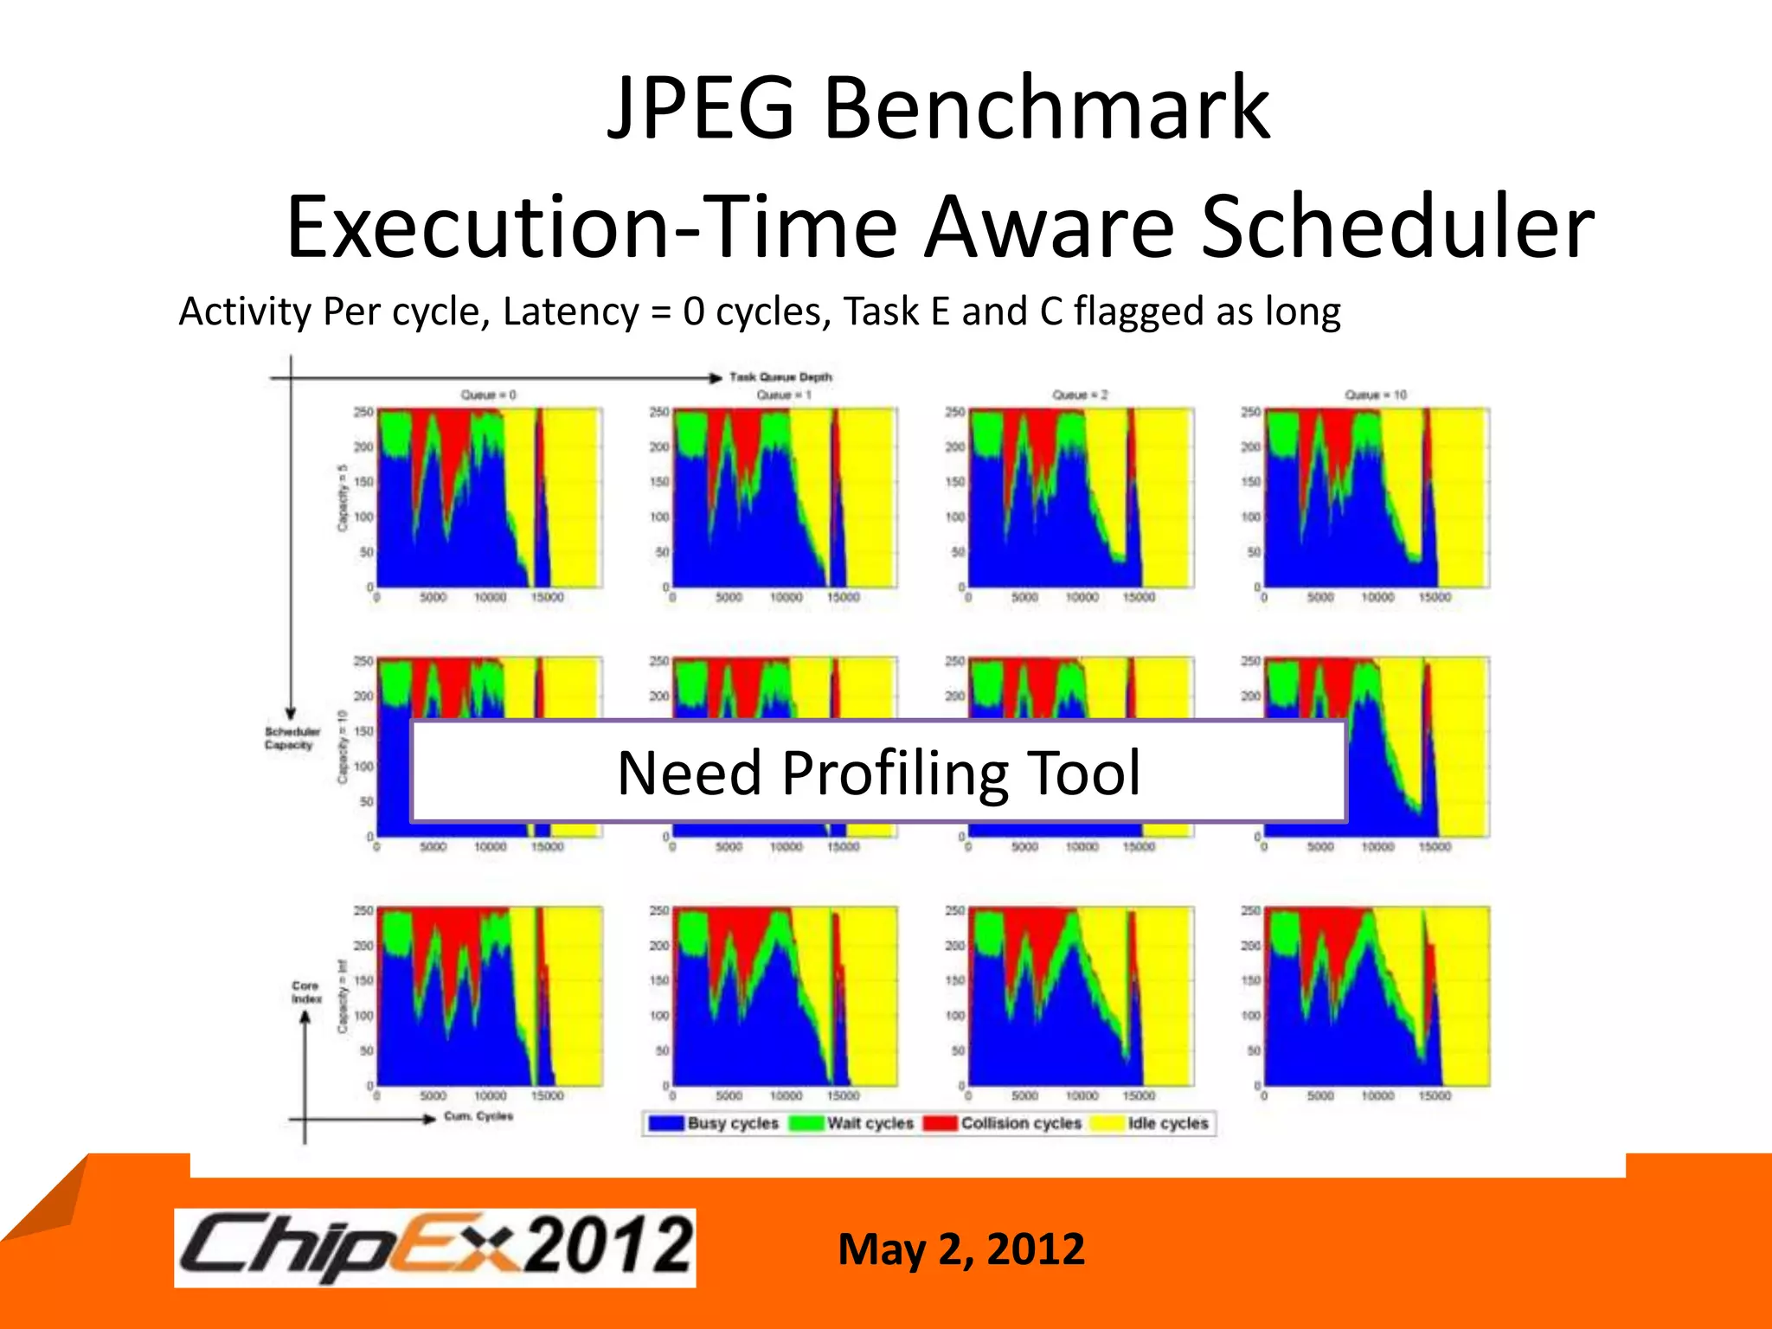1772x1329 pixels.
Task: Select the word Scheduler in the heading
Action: (1396, 228)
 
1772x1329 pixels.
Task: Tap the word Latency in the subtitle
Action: (570, 312)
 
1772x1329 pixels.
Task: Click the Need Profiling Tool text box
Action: (878, 772)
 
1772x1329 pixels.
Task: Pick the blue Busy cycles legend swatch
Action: (667, 1123)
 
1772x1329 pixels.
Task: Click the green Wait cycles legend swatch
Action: (806, 1123)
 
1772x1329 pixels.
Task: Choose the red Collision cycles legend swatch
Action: (941, 1123)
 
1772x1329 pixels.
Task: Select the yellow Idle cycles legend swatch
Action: (1107, 1123)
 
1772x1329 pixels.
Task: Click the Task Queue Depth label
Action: (780, 377)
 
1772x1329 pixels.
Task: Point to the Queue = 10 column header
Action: (1376, 395)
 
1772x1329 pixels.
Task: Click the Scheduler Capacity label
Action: (292, 738)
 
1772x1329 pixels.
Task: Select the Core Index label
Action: (306, 992)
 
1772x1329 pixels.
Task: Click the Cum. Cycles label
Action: (478, 1116)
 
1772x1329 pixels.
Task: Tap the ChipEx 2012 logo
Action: (435, 1248)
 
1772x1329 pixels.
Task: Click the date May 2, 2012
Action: (961, 1249)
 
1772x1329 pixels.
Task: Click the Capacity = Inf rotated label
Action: (343, 996)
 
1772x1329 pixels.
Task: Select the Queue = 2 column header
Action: (1080, 395)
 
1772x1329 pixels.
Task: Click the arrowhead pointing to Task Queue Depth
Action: (716, 378)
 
